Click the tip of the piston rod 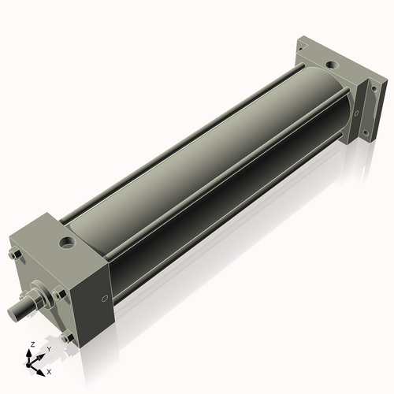click(x=13, y=314)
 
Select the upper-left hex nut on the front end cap click(x=15, y=255)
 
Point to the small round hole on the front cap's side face click(x=106, y=299)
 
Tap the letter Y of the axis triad click(x=49, y=348)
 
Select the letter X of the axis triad click(x=50, y=370)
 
